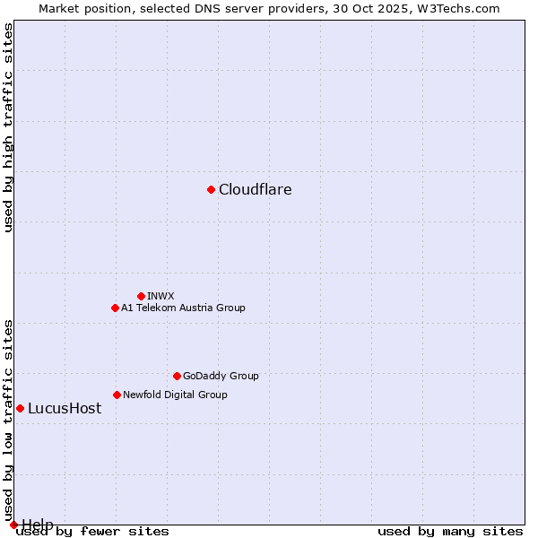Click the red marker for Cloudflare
(211, 189)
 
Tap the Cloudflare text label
(256, 189)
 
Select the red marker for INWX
(141, 296)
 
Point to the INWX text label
(161, 296)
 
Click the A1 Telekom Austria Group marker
(115, 308)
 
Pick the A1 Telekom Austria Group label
(183, 308)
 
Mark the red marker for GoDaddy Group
(177, 376)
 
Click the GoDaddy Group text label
(221, 376)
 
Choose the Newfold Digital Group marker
(117, 395)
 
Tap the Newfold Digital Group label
(175, 395)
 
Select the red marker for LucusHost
(20, 408)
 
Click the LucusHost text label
(65, 408)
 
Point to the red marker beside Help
(13, 525)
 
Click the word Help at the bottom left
(38, 524)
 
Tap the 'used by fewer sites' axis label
(92, 531)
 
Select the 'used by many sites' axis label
(450, 531)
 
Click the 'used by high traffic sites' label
(8, 127)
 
